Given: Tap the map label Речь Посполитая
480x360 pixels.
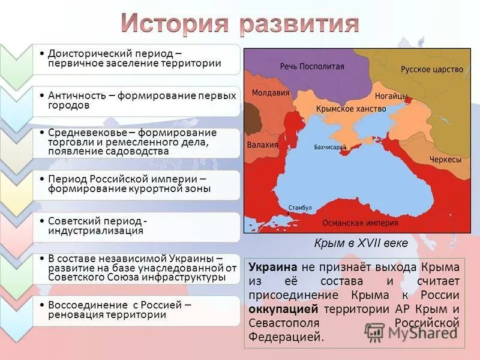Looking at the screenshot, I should (x=312, y=67).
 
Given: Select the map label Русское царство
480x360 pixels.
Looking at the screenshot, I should (x=432, y=69).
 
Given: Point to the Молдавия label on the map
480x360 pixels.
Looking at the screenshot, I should (x=271, y=93).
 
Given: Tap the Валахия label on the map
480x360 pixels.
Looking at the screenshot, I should (x=263, y=145).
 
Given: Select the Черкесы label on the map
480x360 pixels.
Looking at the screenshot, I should (x=445, y=160).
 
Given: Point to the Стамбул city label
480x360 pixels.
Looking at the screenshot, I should (x=300, y=208).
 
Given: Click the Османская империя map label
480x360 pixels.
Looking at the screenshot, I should (x=360, y=223).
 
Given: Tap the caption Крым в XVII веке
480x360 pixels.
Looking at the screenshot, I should (x=361, y=243).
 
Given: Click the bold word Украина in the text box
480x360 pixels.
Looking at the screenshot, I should (x=273, y=267).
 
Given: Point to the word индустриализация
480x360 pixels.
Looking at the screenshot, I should (x=95, y=230).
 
